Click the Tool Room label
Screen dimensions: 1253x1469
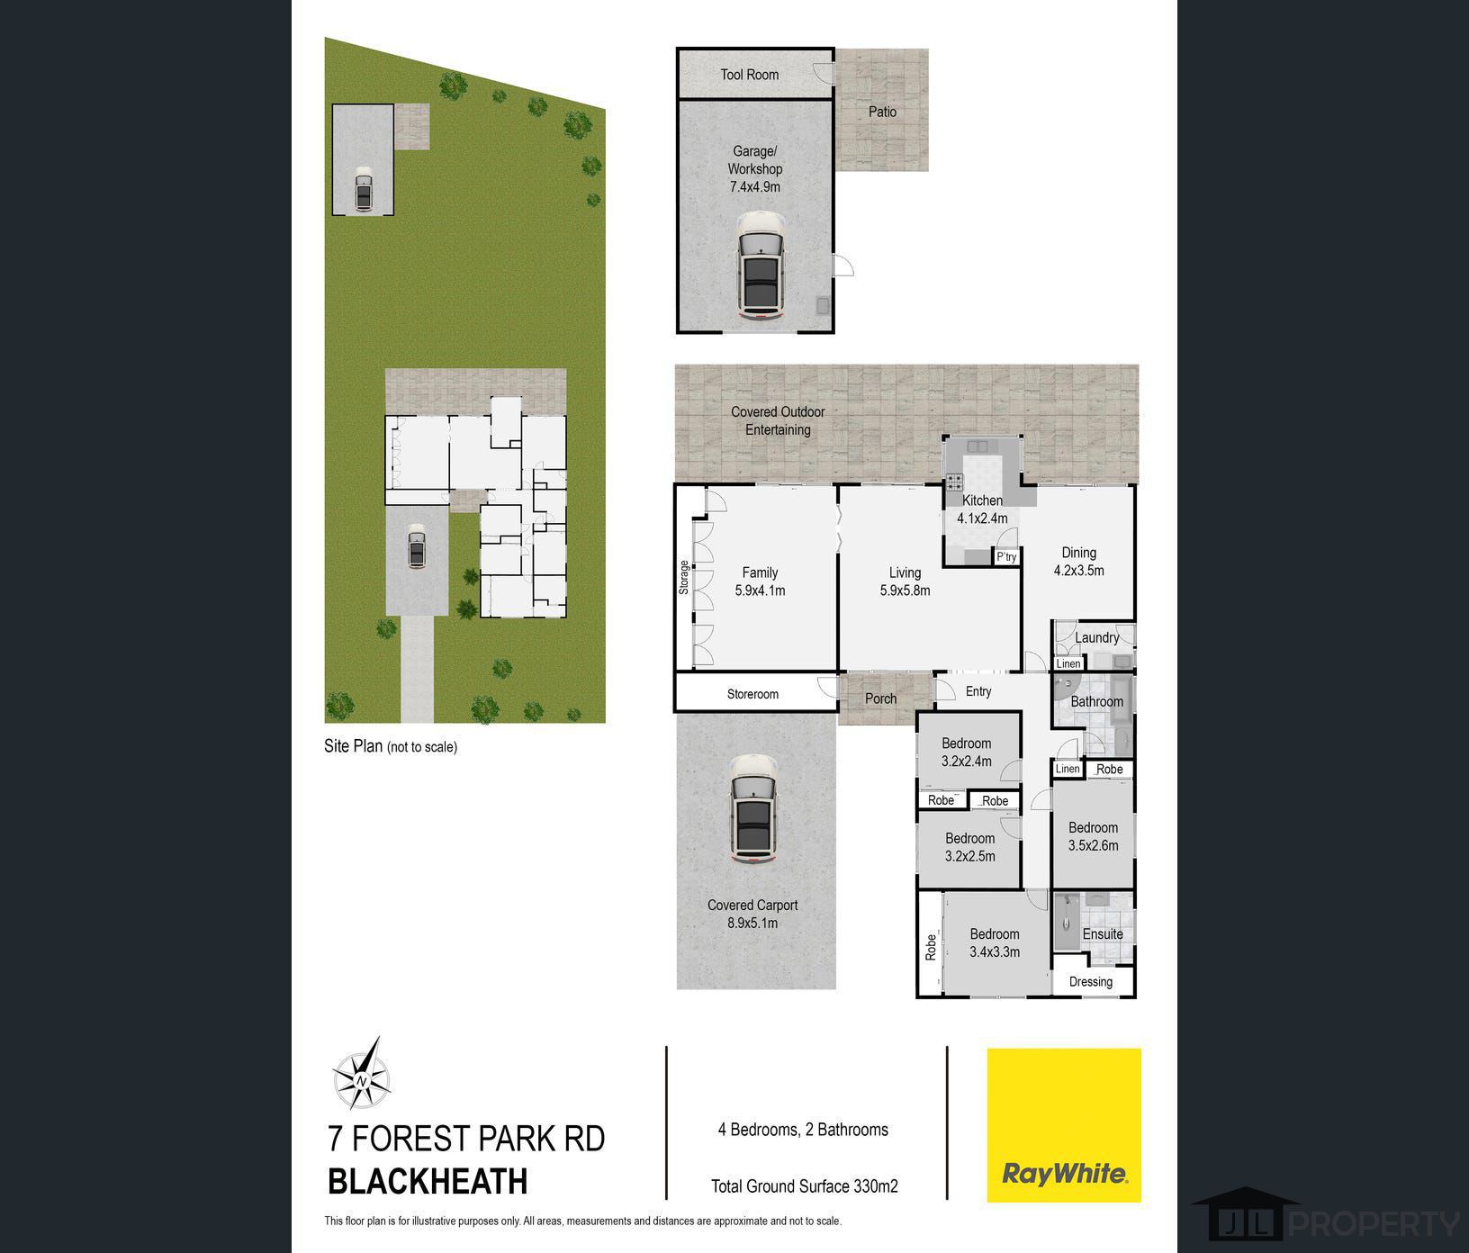point(749,75)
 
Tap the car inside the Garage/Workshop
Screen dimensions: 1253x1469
point(761,266)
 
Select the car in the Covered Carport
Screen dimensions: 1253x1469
point(752,808)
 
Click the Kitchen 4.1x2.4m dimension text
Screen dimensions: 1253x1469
point(982,518)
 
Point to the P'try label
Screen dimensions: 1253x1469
point(1006,557)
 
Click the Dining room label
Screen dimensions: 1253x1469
point(1078,553)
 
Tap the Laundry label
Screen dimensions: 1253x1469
point(1096,637)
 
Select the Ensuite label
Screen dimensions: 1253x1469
point(1103,933)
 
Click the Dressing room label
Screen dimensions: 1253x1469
point(1091,981)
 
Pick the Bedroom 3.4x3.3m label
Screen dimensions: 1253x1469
point(995,942)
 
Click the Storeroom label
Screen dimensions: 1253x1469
point(753,694)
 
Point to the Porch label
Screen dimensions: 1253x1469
point(880,699)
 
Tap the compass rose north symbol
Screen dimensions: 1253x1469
point(362,1077)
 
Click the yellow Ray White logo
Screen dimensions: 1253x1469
point(1064,1124)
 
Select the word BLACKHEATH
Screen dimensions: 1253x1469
point(428,1181)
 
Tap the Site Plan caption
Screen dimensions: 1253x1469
point(391,746)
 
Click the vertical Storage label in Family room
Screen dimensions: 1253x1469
point(684,577)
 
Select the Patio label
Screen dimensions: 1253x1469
point(882,112)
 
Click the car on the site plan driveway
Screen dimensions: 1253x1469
point(416,548)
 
